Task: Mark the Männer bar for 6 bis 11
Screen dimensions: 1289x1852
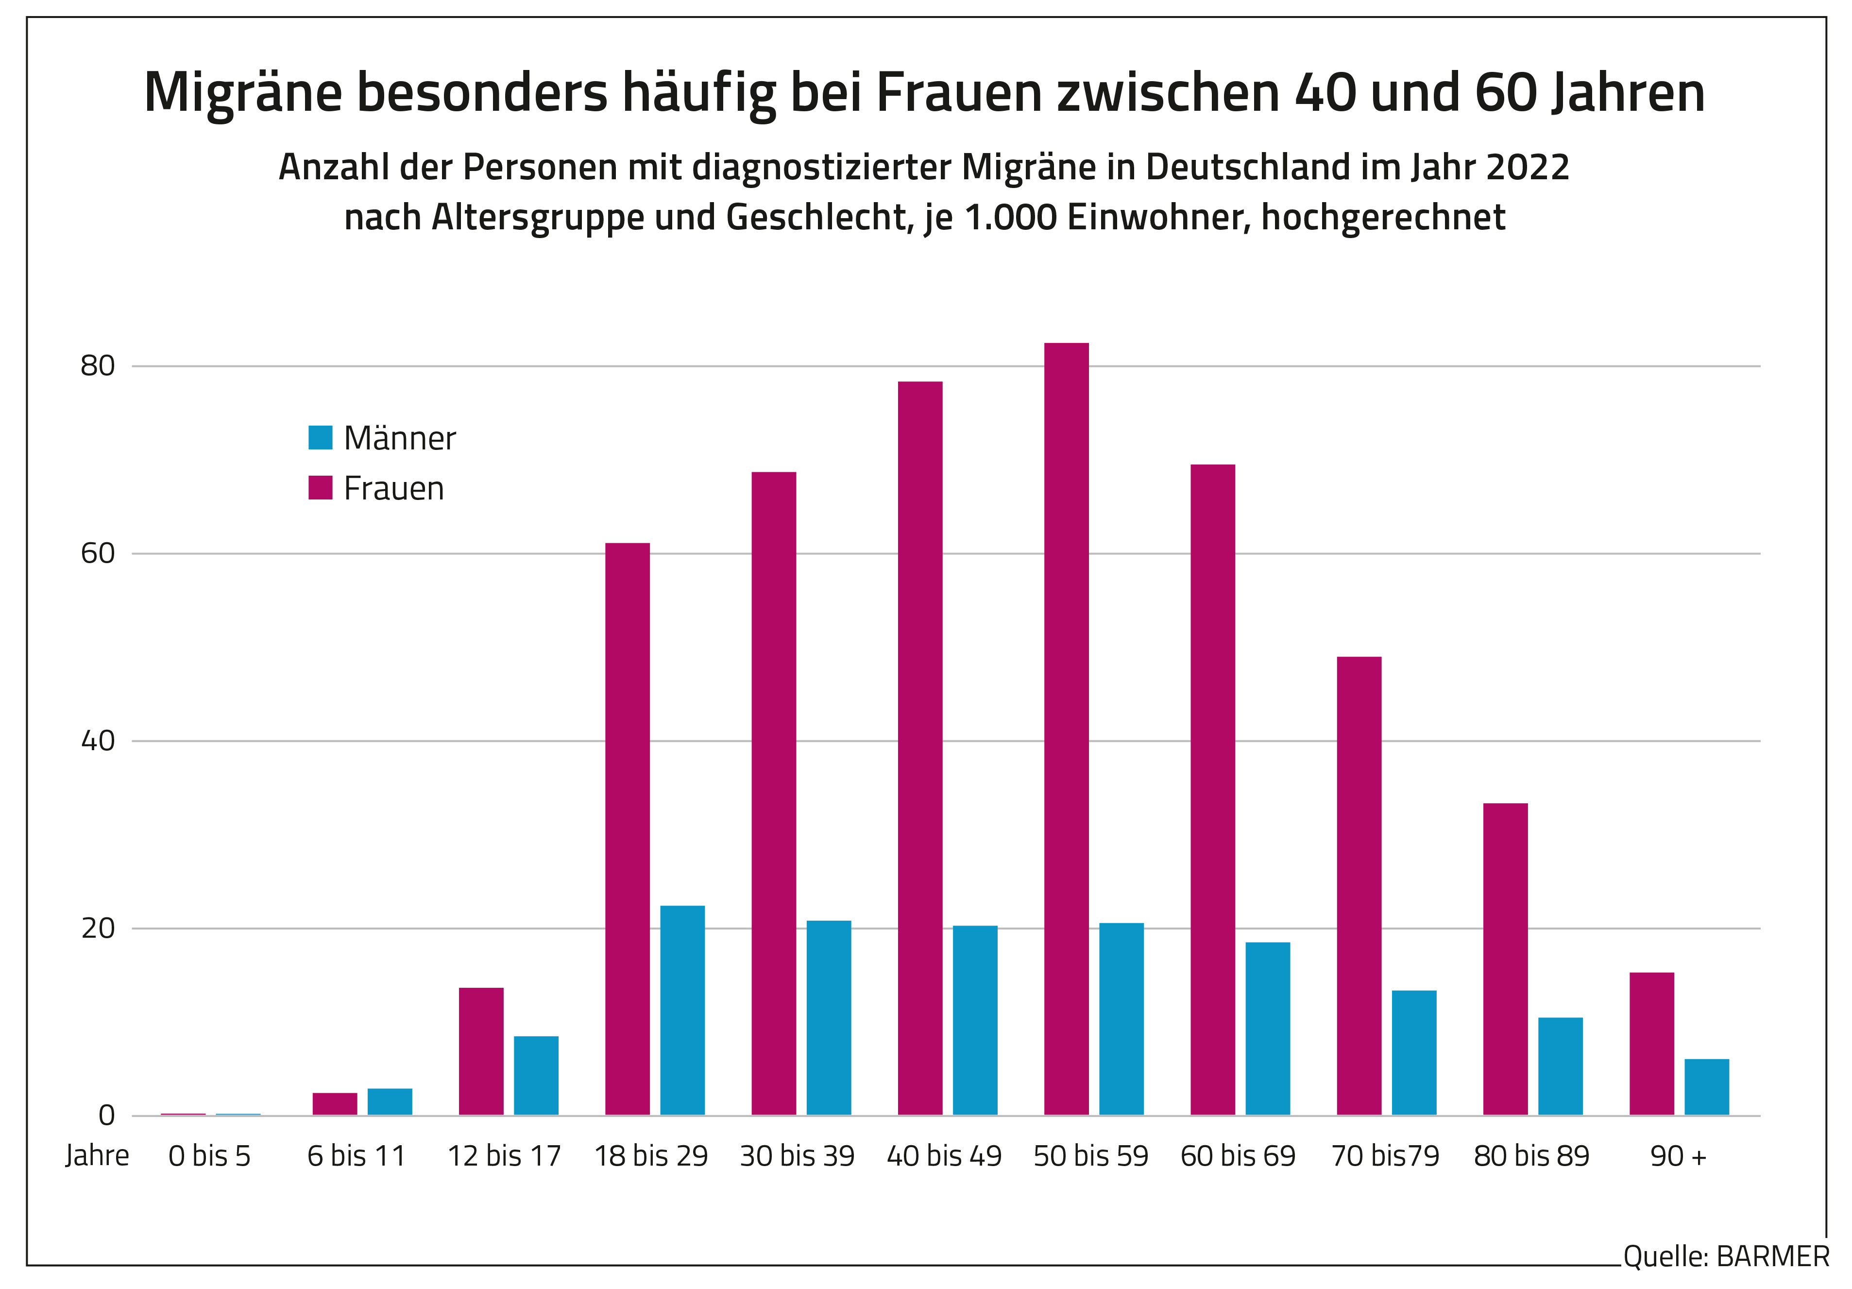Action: click(390, 1102)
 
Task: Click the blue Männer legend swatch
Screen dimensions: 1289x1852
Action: click(320, 437)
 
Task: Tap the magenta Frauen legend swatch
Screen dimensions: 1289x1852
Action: click(320, 487)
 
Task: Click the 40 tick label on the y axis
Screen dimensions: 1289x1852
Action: click(98, 740)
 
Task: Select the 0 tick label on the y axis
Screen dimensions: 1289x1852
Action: click(106, 1116)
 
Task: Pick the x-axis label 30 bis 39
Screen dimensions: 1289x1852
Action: click(797, 1156)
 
